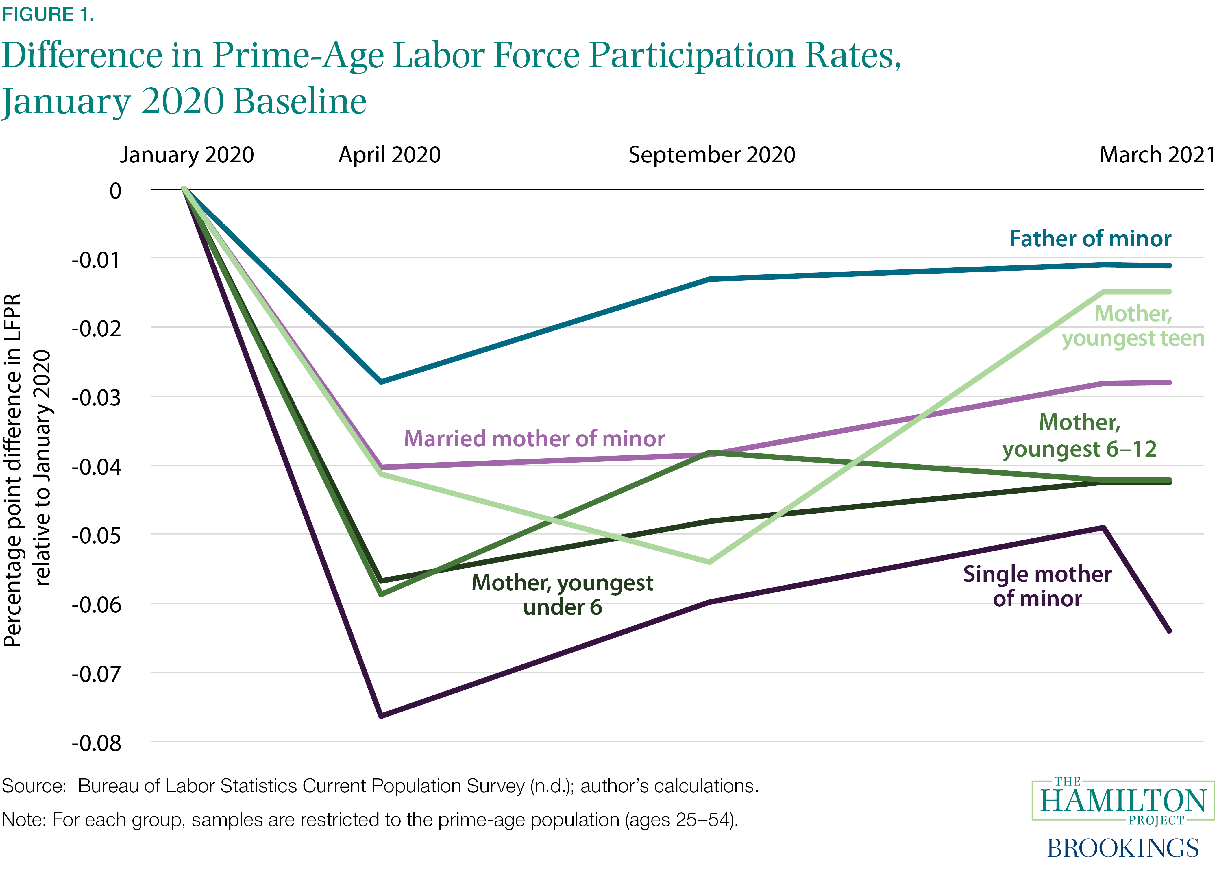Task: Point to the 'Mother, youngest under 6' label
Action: pyautogui.click(x=562, y=594)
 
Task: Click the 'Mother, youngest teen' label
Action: pyautogui.click(x=1133, y=326)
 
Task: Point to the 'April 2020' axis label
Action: pyautogui.click(x=390, y=155)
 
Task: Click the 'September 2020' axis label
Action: pyautogui.click(x=711, y=155)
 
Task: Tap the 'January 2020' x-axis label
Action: pyautogui.click(x=187, y=155)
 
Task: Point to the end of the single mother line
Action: pyautogui.click(x=1169, y=631)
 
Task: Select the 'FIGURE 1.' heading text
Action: pyautogui.click(x=48, y=14)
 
